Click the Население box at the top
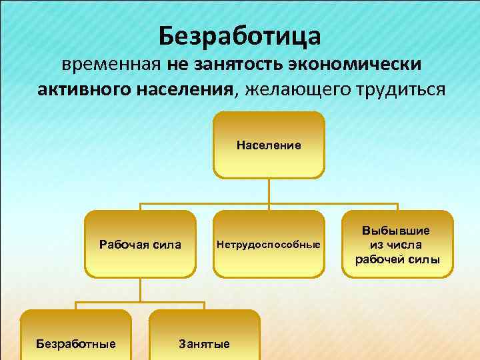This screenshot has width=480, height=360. pos(269,145)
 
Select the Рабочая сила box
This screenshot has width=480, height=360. pos(140,244)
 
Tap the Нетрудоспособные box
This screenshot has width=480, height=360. pos(269,244)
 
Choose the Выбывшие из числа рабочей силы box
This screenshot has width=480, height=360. pos(397,244)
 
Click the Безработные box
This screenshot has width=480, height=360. pos(76,340)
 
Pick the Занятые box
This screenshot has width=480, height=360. pos(204,340)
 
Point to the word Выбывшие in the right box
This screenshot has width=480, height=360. pos(397,230)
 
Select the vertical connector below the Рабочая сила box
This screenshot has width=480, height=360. pos(140,290)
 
